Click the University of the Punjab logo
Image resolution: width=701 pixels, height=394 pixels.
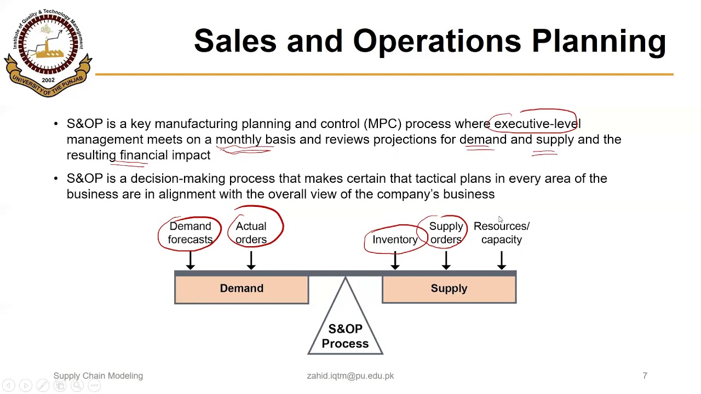[48, 53]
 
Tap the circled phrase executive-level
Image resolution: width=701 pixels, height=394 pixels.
[537, 124]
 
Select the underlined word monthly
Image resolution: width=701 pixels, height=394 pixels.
[238, 140]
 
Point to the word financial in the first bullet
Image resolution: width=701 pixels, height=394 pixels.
[143, 155]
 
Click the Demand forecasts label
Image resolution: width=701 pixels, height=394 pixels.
[190, 233]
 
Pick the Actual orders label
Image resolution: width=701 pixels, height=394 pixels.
[251, 233]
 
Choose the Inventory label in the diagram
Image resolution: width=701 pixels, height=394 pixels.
[395, 240]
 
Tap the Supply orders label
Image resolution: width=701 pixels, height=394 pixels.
[446, 233]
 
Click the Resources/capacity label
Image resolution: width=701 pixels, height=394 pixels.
[501, 233]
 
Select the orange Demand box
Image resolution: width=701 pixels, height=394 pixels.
[242, 289]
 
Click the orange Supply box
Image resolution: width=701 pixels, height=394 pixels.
[449, 289]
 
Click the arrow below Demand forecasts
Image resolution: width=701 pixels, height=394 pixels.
[190, 260]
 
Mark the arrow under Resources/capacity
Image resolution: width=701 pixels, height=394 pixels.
[501, 260]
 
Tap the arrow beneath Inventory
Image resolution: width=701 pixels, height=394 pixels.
[395, 260]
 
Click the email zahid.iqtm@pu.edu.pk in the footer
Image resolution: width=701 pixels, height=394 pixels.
[350, 376]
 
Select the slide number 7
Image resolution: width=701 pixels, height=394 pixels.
[645, 376]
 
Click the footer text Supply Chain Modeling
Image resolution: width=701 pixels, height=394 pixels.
[98, 376]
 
